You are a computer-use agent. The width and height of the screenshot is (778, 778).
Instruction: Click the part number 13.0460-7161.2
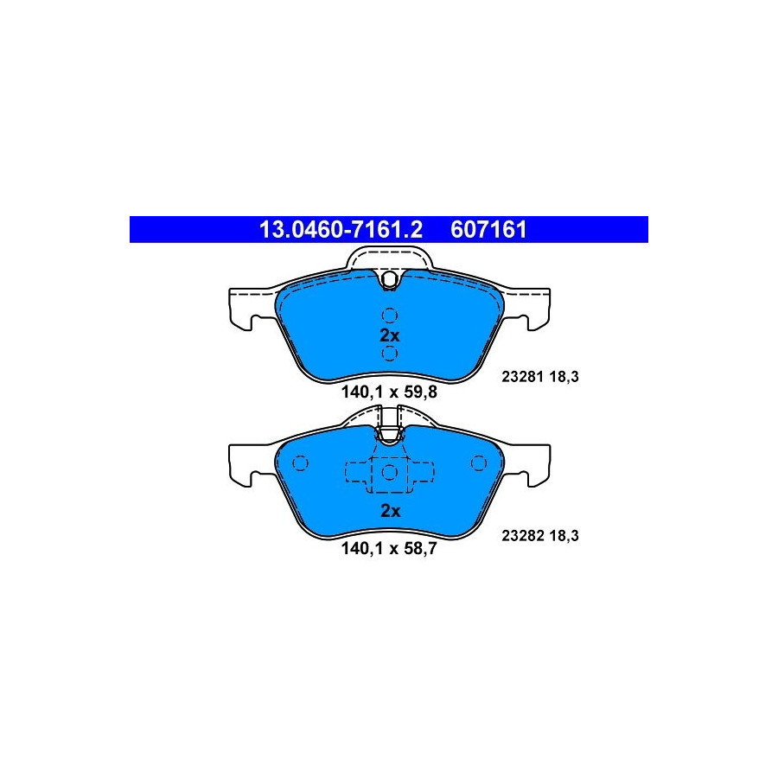[x=341, y=230]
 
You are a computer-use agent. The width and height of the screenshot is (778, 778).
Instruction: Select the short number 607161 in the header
[x=488, y=230]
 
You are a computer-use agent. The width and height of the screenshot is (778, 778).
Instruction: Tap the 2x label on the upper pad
[x=390, y=335]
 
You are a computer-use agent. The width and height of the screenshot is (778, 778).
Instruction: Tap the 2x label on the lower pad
[x=390, y=511]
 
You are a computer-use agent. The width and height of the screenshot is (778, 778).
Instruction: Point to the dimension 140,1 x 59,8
[x=389, y=392]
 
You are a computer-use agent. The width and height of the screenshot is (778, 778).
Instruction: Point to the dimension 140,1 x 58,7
[x=389, y=549]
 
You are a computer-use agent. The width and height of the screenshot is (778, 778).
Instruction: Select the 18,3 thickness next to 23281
[x=564, y=377]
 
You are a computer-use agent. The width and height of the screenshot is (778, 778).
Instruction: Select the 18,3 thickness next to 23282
[x=564, y=536]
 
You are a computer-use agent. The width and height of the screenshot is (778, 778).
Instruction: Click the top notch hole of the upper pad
[x=390, y=279]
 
